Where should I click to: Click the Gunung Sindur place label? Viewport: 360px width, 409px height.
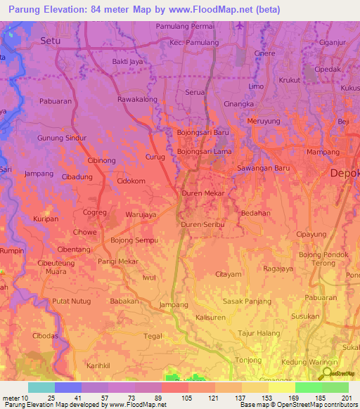click(62, 138)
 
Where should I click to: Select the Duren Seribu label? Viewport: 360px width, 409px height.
click(202, 224)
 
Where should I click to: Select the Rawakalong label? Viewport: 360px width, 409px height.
click(138, 99)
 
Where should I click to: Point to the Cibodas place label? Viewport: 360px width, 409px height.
click(46, 336)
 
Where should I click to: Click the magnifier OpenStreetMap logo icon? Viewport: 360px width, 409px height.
click(327, 372)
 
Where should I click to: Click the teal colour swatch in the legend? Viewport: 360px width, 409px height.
click(41, 387)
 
